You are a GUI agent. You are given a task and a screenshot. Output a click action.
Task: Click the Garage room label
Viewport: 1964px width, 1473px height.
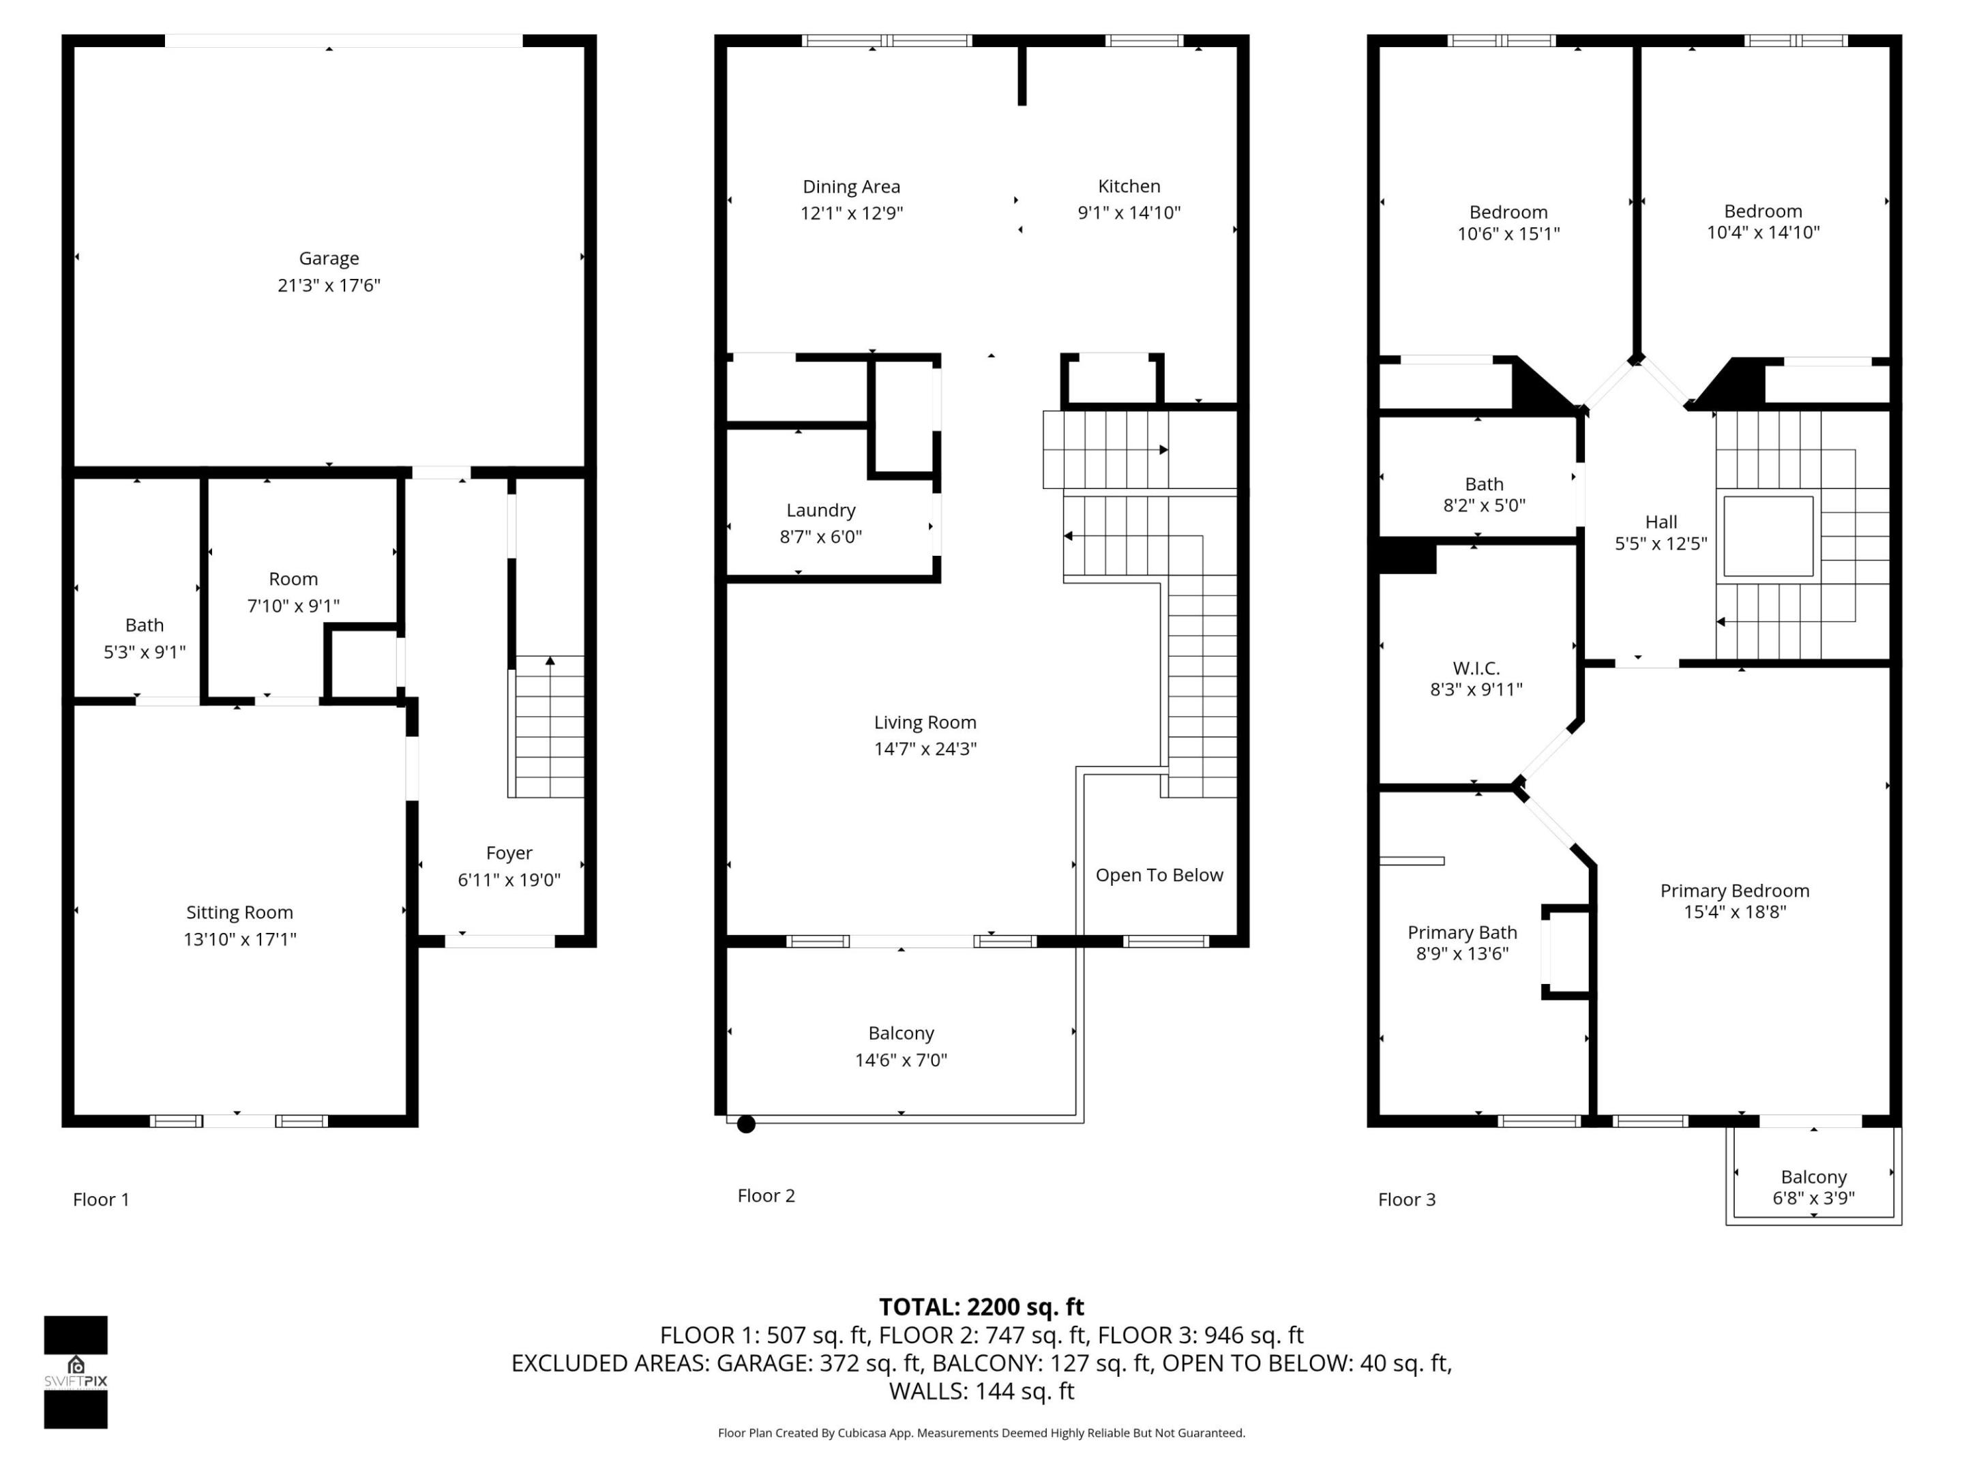click(x=329, y=258)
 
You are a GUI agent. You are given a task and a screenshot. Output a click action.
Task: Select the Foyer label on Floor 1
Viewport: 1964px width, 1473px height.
click(x=509, y=853)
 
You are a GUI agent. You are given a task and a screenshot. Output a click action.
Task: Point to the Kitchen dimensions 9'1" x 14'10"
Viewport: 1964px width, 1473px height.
click(x=1129, y=213)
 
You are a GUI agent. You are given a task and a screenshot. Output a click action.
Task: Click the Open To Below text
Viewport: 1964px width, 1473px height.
click(x=1159, y=876)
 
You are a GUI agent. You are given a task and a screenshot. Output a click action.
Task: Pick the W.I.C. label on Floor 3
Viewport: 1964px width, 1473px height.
click(x=1476, y=668)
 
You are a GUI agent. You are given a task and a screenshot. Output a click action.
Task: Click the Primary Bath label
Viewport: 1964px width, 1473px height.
click(x=1461, y=933)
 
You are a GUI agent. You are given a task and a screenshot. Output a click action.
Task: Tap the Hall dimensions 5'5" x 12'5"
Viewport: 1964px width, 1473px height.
click(x=1661, y=544)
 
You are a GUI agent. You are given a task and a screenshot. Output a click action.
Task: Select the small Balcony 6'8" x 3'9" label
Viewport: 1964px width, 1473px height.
click(x=1813, y=1177)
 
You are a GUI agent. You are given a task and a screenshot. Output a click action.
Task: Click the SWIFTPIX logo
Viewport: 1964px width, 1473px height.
click(x=76, y=1372)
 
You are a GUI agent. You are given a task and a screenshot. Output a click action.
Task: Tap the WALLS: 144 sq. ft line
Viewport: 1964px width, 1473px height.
click(x=981, y=1391)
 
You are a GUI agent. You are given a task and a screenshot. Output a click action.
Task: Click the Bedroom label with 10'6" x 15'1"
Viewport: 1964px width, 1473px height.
click(x=1508, y=212)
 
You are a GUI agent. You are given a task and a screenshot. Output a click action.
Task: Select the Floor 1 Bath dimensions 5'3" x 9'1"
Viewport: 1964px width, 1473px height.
click(x=145, y=653)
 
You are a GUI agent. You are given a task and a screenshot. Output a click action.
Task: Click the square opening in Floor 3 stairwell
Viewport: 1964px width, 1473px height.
click(x=1768, y=536)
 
